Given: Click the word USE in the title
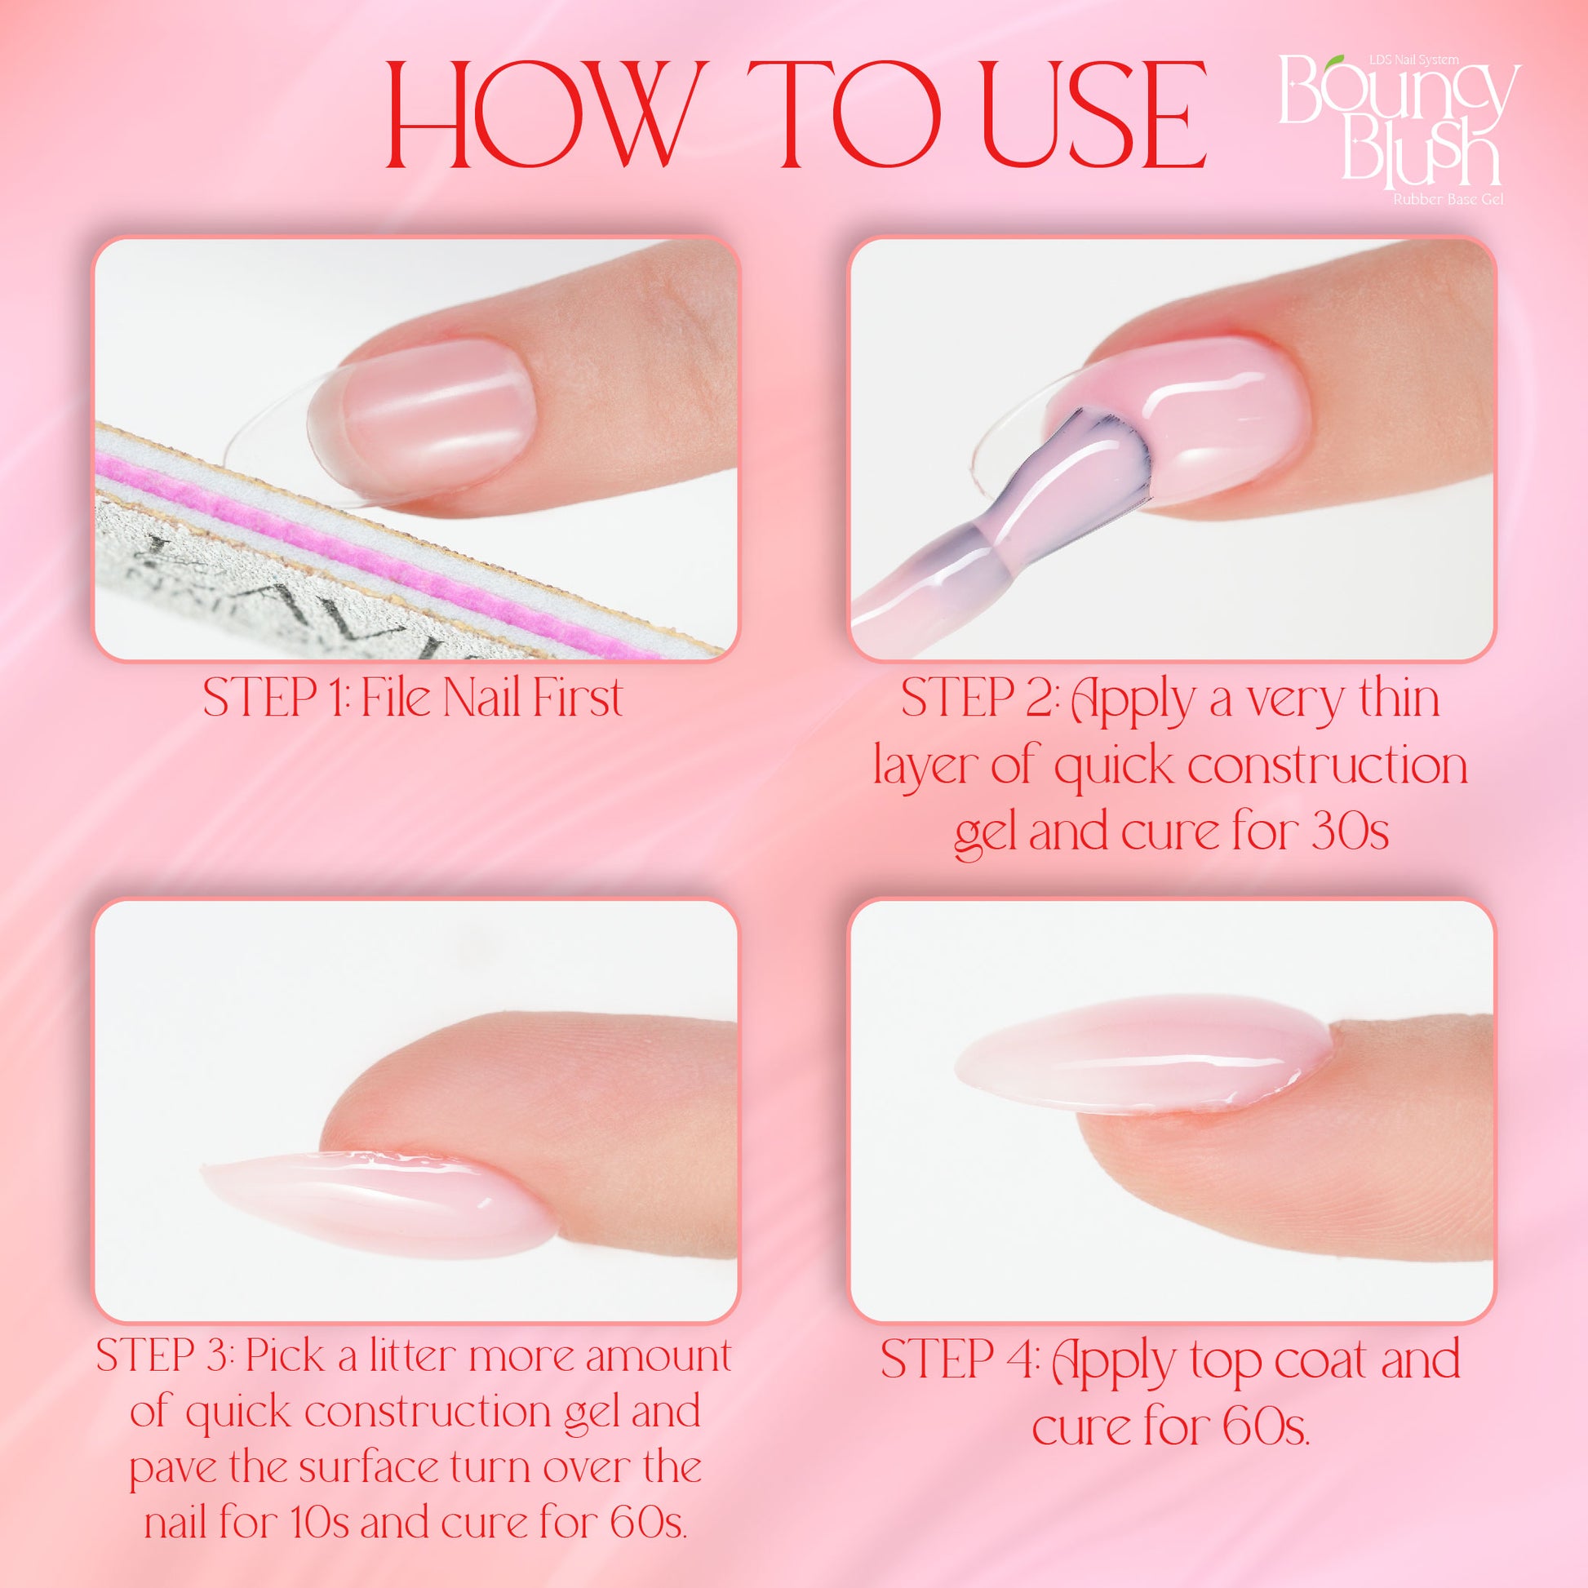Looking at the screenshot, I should [x=1089, y=125].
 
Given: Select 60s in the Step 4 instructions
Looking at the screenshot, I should [x=1266, y=1426].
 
